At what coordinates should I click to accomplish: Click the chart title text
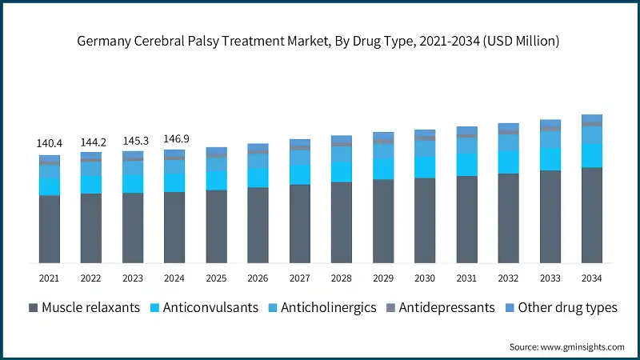[320, 41]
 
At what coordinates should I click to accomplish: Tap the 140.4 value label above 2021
[50, 143]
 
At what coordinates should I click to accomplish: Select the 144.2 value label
[91, 142]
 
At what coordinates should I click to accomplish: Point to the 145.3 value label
[133, 140]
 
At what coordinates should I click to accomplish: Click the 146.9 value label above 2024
[174, 138]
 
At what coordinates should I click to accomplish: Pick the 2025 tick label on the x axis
[216, 278]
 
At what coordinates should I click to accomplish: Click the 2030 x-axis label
[425, 278]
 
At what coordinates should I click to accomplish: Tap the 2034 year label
[591, 278]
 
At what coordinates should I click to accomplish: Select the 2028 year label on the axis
[342, 278]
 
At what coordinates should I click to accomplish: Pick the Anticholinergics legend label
[325, 308]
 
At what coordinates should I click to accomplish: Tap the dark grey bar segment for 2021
[50, 229]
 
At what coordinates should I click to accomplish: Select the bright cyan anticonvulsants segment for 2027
[300, 174]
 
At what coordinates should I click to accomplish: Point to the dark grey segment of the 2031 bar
[466, 219]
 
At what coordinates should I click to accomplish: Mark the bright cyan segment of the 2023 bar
[133, 183]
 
